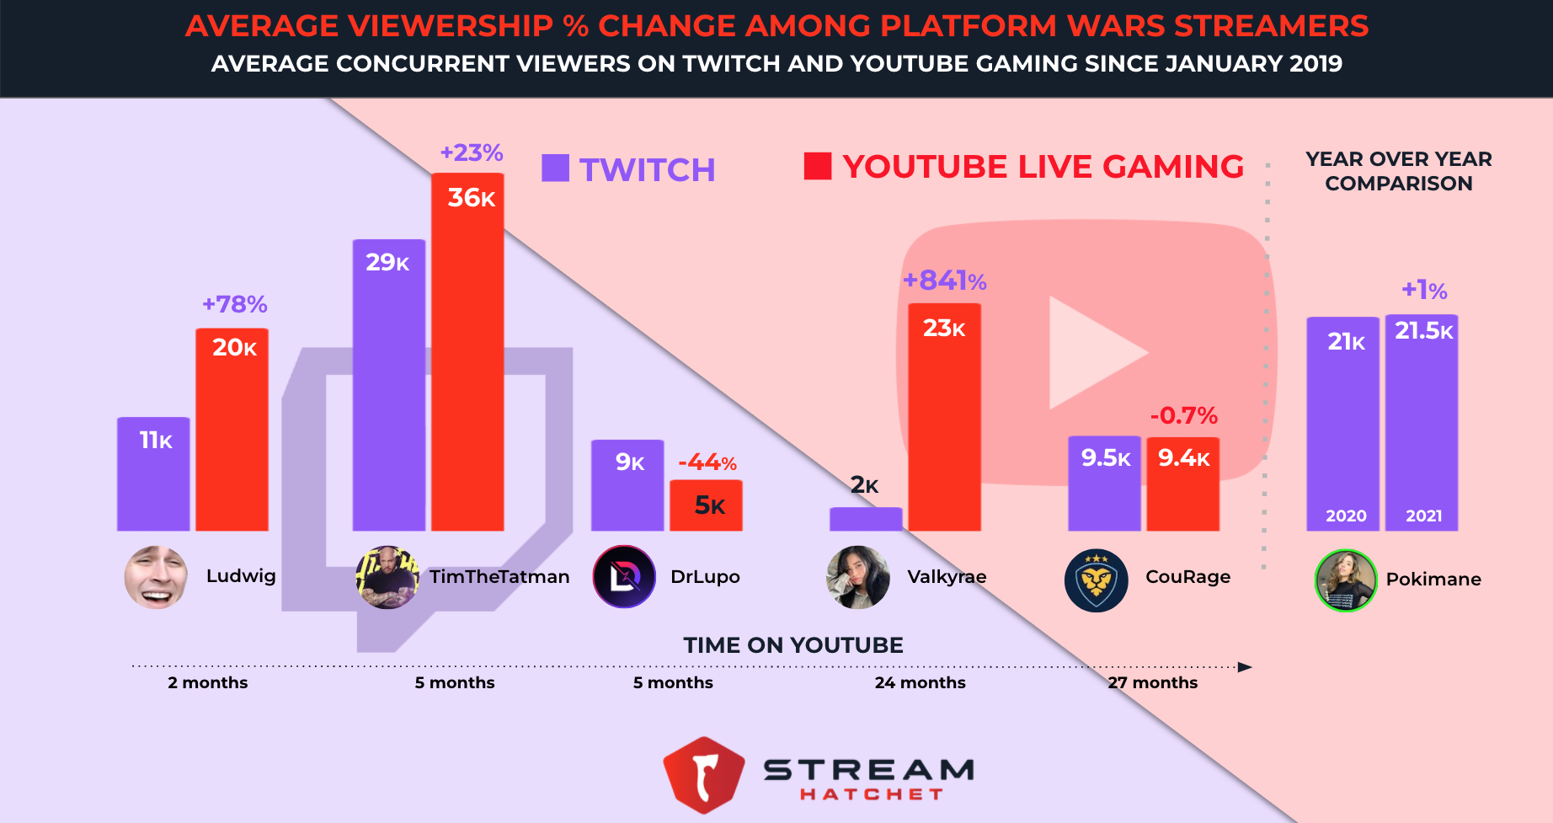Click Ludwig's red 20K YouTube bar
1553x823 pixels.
coord(232,430)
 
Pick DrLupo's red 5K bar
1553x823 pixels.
coord(706,505)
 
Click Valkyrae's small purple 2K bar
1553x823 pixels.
coord(865,519)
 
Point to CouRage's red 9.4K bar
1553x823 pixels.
coord(1182,484)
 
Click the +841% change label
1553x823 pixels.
coord(944,281)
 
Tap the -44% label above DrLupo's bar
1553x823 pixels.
coord(707,462)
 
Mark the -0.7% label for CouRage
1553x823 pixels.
coord(1183,415)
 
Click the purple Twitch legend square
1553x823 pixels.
coord(555,168)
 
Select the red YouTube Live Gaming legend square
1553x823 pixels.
coord(818,166)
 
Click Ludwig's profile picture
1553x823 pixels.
coord(156,577)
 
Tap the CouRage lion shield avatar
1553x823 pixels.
coord(1096,580)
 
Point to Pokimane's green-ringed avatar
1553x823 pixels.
coord(1345,580)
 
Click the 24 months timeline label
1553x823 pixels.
coord(920,682)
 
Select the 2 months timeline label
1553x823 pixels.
coord(207,682)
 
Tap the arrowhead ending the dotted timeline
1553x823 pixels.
coord(1245,667)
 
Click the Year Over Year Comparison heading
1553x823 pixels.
coord(1398,171)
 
